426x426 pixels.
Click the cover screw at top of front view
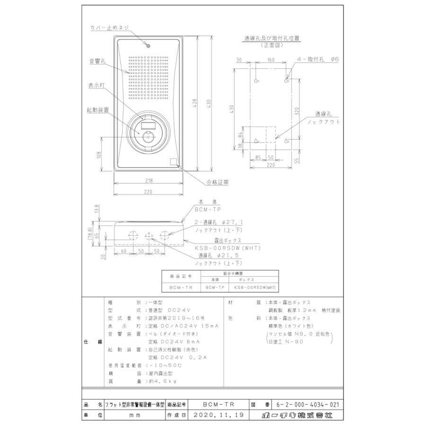pyautogui.click(x=148, y=46)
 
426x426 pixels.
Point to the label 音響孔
pyautogui.click(x=97, y=61)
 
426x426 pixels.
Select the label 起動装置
pyautogui.click(x=98, y=109)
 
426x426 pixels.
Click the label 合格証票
pyautogui.click(x=218, y=182)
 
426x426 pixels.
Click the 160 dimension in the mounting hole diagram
pyautogui.click(x=271, y=60)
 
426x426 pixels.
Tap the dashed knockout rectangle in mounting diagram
pyautogui.click(x=271, y=134)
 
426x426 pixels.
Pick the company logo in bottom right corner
pyautogui.click(x=297, y=416)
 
